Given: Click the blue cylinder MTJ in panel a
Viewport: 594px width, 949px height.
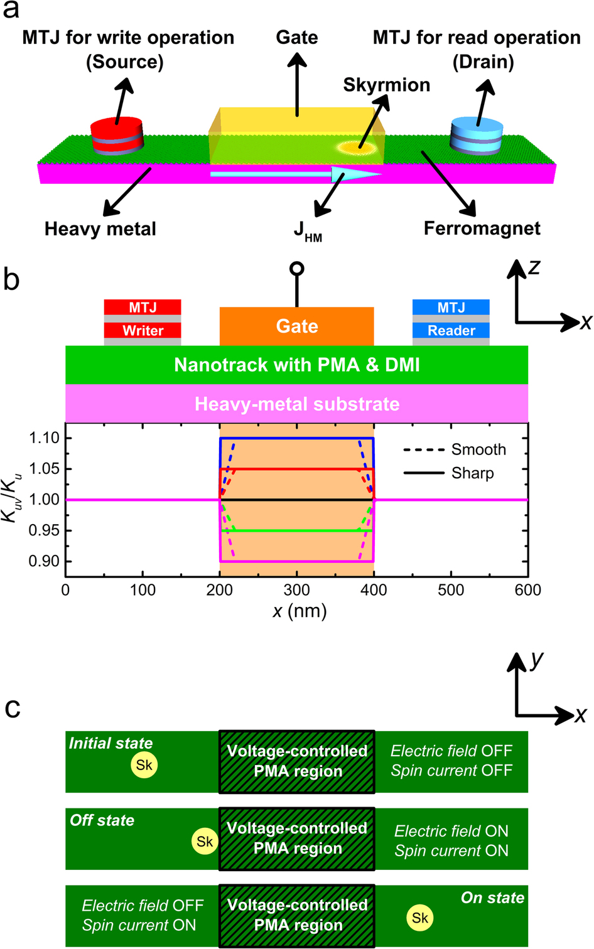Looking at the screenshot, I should pos(477,136).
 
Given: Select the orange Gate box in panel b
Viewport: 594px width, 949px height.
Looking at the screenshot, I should pos(296,326).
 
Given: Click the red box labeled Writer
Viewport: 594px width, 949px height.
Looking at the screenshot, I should pos(143,330).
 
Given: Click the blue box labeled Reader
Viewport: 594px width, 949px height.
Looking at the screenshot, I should pos(451,330).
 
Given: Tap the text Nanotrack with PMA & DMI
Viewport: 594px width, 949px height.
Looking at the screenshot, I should pos(296,365).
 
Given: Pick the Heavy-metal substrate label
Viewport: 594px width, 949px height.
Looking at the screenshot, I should pos(296,404).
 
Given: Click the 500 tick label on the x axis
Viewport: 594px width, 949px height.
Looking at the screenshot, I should pos(451,590).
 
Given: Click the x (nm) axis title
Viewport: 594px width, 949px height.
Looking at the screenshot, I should pos(300,611).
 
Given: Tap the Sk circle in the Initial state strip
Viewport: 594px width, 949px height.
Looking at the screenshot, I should pos(144,765).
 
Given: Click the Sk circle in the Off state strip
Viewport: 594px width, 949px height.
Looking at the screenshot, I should pos(205,842).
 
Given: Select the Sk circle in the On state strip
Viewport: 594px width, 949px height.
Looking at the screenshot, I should pos(420,918).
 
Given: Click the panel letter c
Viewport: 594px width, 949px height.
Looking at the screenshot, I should pos(13,707).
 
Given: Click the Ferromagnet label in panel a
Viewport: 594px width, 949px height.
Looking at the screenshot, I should pos(482,228).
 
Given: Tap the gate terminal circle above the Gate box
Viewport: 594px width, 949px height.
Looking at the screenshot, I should pos(297,269).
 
